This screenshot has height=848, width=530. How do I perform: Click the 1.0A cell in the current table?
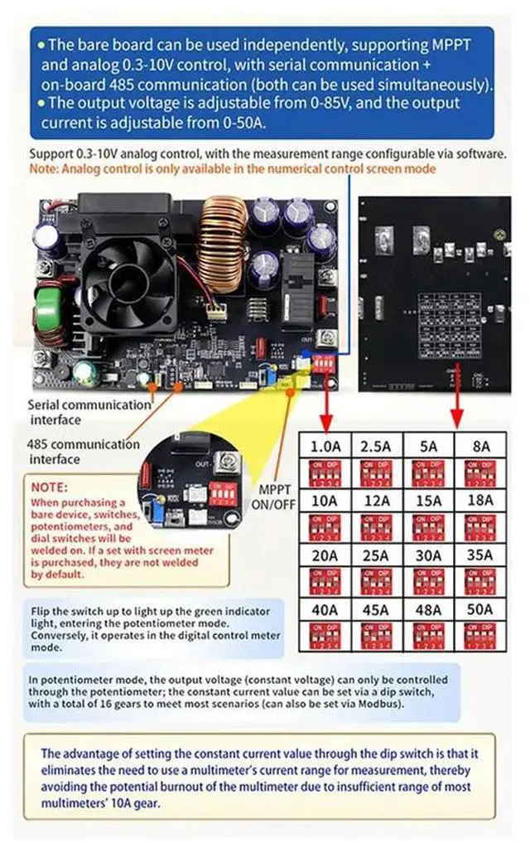pos(325,446)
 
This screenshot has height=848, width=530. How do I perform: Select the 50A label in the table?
pos(481,610)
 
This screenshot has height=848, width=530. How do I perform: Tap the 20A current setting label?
pos(325,555)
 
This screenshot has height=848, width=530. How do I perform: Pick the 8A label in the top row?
pos(481,446)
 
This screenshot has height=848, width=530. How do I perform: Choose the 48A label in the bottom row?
pos(429,610)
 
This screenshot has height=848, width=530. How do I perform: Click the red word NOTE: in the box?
pos(50,487)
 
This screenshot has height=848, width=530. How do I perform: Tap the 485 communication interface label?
pos(83,451)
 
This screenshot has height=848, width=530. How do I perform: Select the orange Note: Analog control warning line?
pos(233,168)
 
